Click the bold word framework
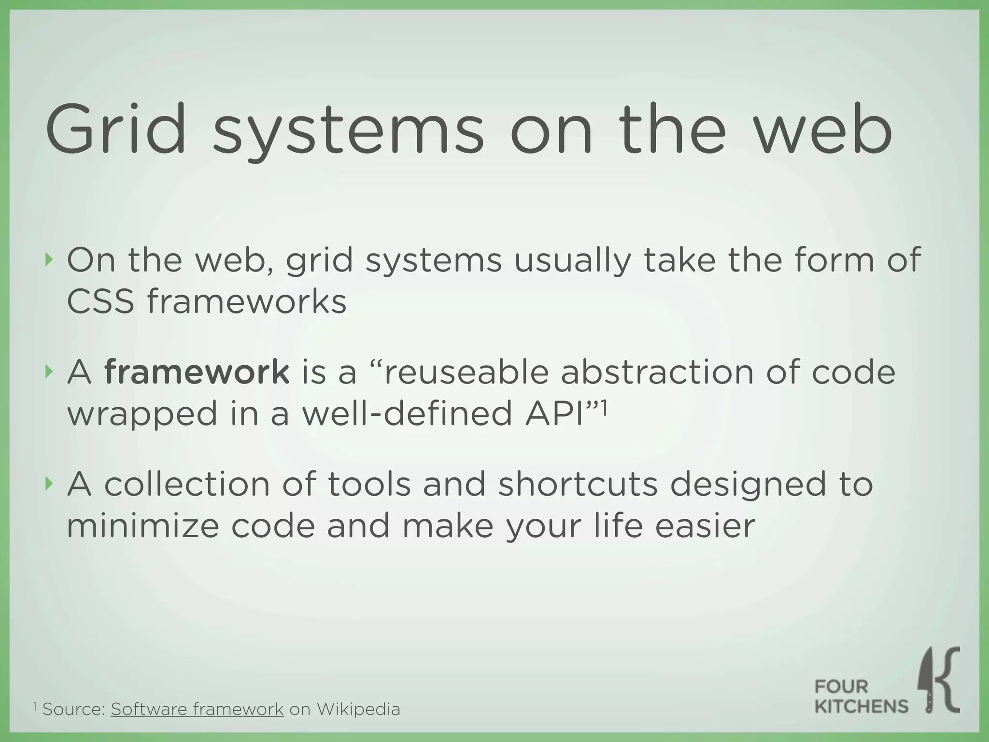pyautogui.click(x=197, y=372)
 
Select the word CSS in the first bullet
pyautogui.click(x=100, y=301)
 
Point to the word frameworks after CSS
pyautogui.click(x=247, y=301)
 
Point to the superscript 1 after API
pyautogui.click(x=603, y=407)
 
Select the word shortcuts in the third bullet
pyautogui.click(x=578, y=485)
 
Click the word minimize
pyautogui.click(x=143, y=526)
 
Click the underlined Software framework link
pyautogui.click(x=197, y=709)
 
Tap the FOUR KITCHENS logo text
pyautogui.click(x=861, y=697)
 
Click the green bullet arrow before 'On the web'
pyautogui.click(x=47, y=260)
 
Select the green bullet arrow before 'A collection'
pyautogui.click(x=47, y=484)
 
